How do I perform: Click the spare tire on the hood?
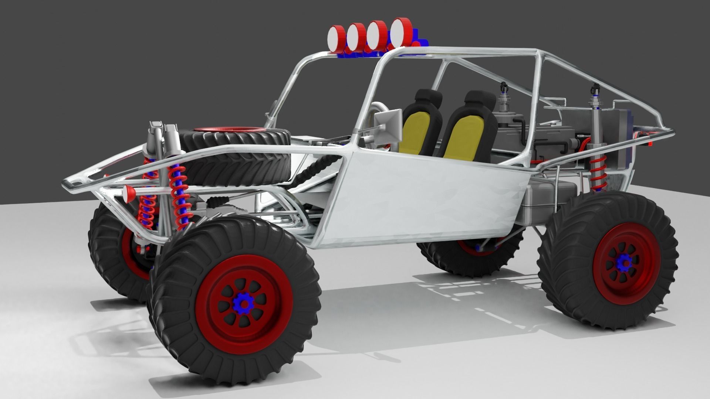coord(237,163)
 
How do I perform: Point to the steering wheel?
coord(377,111)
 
